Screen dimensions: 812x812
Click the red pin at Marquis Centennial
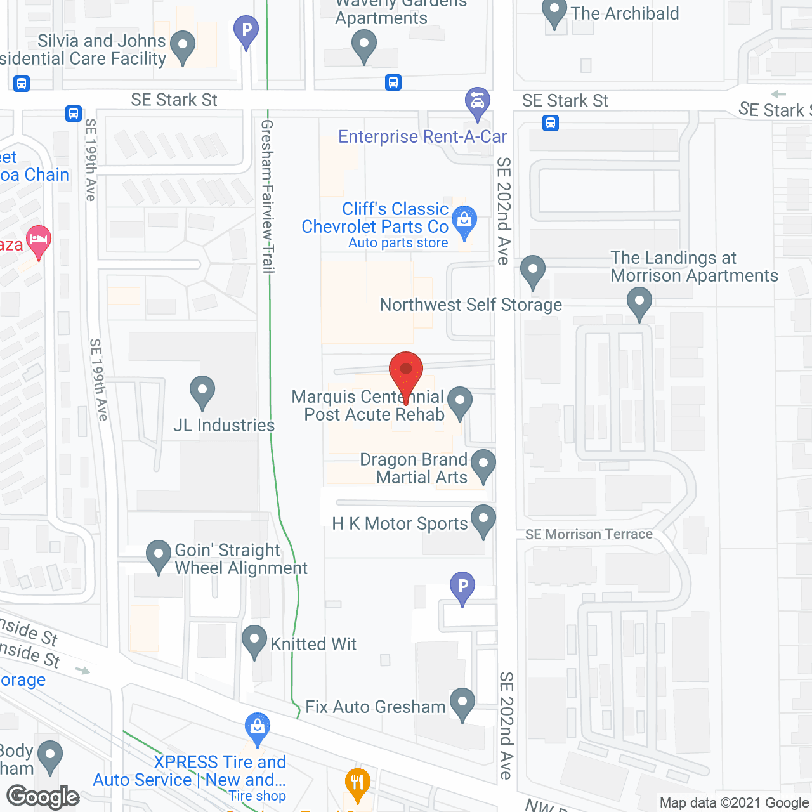[x=405, y=370]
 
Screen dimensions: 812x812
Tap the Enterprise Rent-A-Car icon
[x=477, y=102]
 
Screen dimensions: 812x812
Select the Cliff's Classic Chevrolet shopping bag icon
[x=464, y=221]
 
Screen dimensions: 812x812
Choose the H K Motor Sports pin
[x=483, y=520]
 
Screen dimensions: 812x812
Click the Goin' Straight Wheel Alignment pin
[x=159, y=555]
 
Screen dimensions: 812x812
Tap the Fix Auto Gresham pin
[x=462, y=703]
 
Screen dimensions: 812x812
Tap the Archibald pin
[x=554, y=12]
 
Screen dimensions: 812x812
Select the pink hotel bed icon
[x=39, y=240]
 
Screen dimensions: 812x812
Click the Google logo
[x=43, y=796]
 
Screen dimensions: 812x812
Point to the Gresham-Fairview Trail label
[x=267, y=196]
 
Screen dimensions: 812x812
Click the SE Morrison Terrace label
[x=589, y=534]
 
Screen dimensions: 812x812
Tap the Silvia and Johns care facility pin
[x=183, y=46]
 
